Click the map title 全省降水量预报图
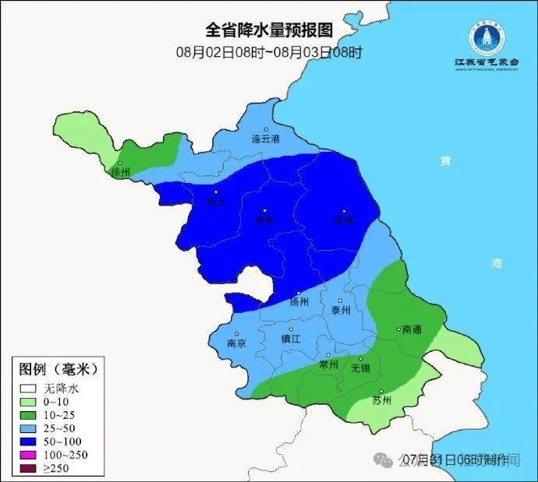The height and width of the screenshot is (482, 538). tap(269, 30)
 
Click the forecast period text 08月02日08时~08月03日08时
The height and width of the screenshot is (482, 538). tap(269, 53)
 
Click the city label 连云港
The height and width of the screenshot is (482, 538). tap(265, 139)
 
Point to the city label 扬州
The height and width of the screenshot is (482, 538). tap(299, 301)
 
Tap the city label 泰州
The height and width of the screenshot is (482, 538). tap(341, 309)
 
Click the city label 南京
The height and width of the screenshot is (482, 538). tap(236, 343)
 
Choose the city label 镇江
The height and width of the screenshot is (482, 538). tap(291, 339)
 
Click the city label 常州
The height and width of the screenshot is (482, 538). tap(328, 364)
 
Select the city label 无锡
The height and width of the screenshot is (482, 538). tap(360, 367)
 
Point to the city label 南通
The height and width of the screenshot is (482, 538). tap(411, 330)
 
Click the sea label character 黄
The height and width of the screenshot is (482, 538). tap(444, 161)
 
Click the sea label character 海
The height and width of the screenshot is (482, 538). tap(497, 263)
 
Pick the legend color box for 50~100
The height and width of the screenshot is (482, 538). tap(29, 441)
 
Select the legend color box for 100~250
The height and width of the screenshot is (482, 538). tap(29, 454)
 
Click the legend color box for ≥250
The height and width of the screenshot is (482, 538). tap(29, 467)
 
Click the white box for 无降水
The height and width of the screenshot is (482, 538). tap(29, 387)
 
